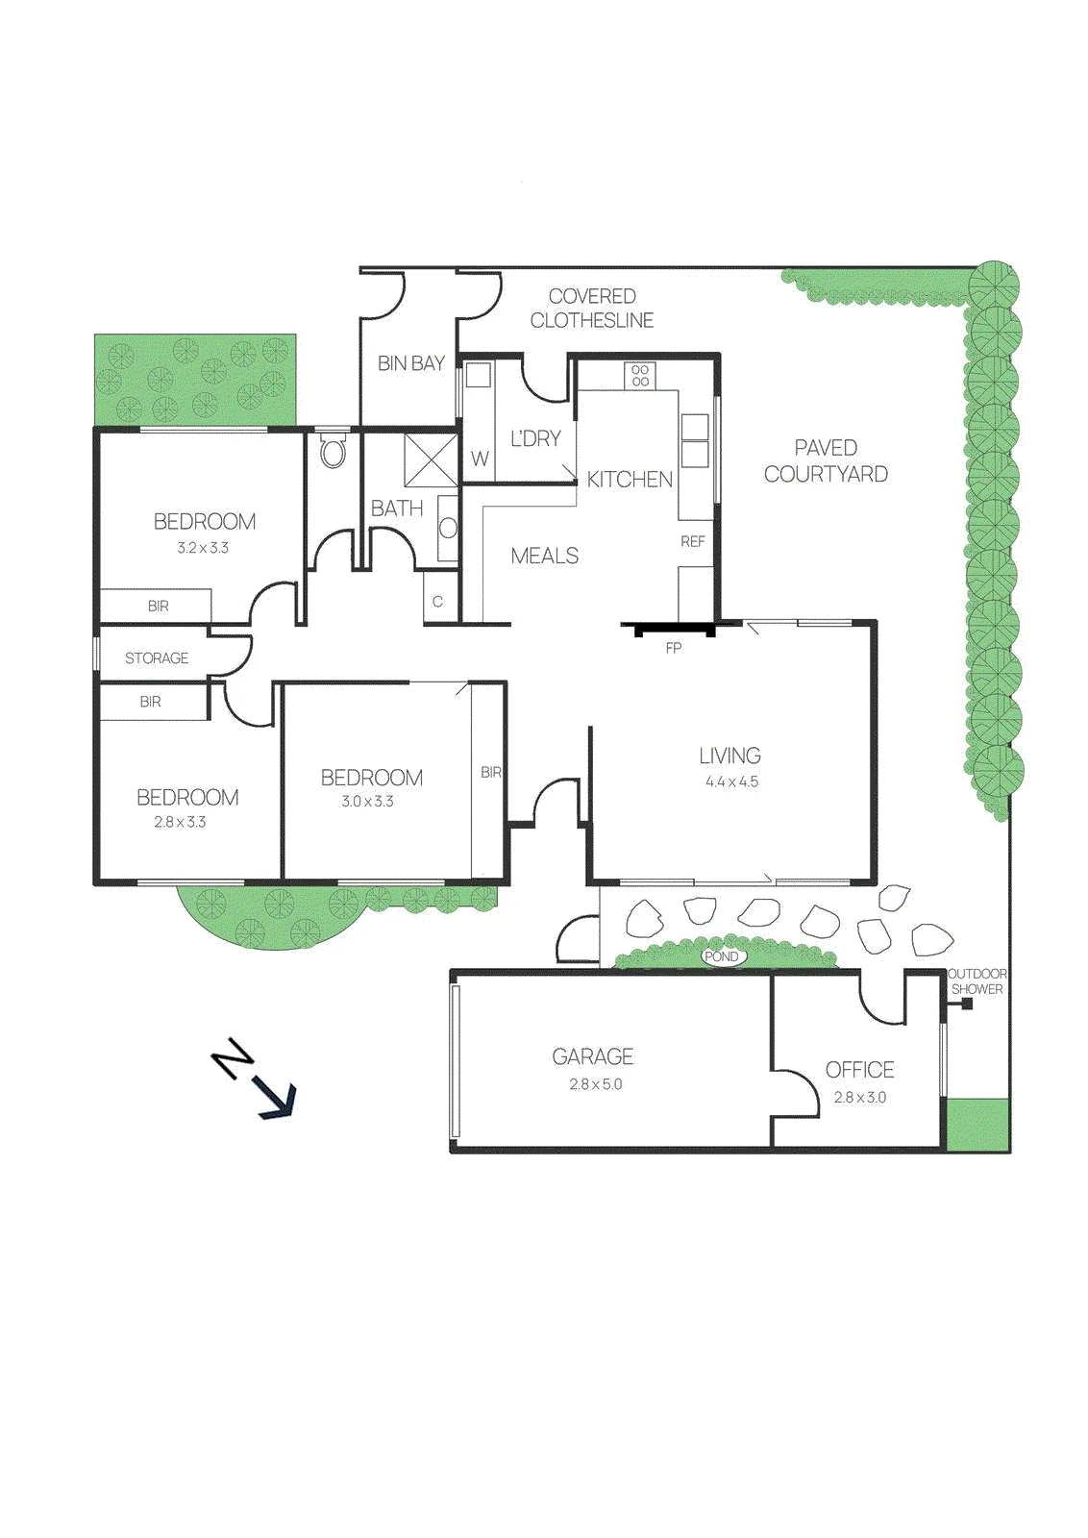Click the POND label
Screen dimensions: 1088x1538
pos(722,956)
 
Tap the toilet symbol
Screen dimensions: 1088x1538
pos(333,451)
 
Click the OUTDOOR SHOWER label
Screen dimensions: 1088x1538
pos(977,981)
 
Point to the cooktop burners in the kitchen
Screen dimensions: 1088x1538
pos(640,375)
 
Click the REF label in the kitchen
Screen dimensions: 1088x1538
pos(693,542)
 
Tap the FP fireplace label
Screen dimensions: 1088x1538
pos(674,648)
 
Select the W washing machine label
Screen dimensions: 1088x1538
pos(480,459)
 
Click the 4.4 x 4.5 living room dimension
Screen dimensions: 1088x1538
pos(731,781)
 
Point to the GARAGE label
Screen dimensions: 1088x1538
pos(592,1056)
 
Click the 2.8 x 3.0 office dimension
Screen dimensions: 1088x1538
pos(859,1097)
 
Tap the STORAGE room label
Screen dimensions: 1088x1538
pos(157,657)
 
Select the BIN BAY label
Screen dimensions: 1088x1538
pos(411,363)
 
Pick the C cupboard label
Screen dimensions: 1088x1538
pos(437,602)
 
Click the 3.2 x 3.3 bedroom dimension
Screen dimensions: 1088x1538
pos(203,548)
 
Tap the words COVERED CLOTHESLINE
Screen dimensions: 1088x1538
pos(592,309)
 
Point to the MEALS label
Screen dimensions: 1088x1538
pos(544,556)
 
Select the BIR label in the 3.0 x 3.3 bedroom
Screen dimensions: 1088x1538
pos(491,773)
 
